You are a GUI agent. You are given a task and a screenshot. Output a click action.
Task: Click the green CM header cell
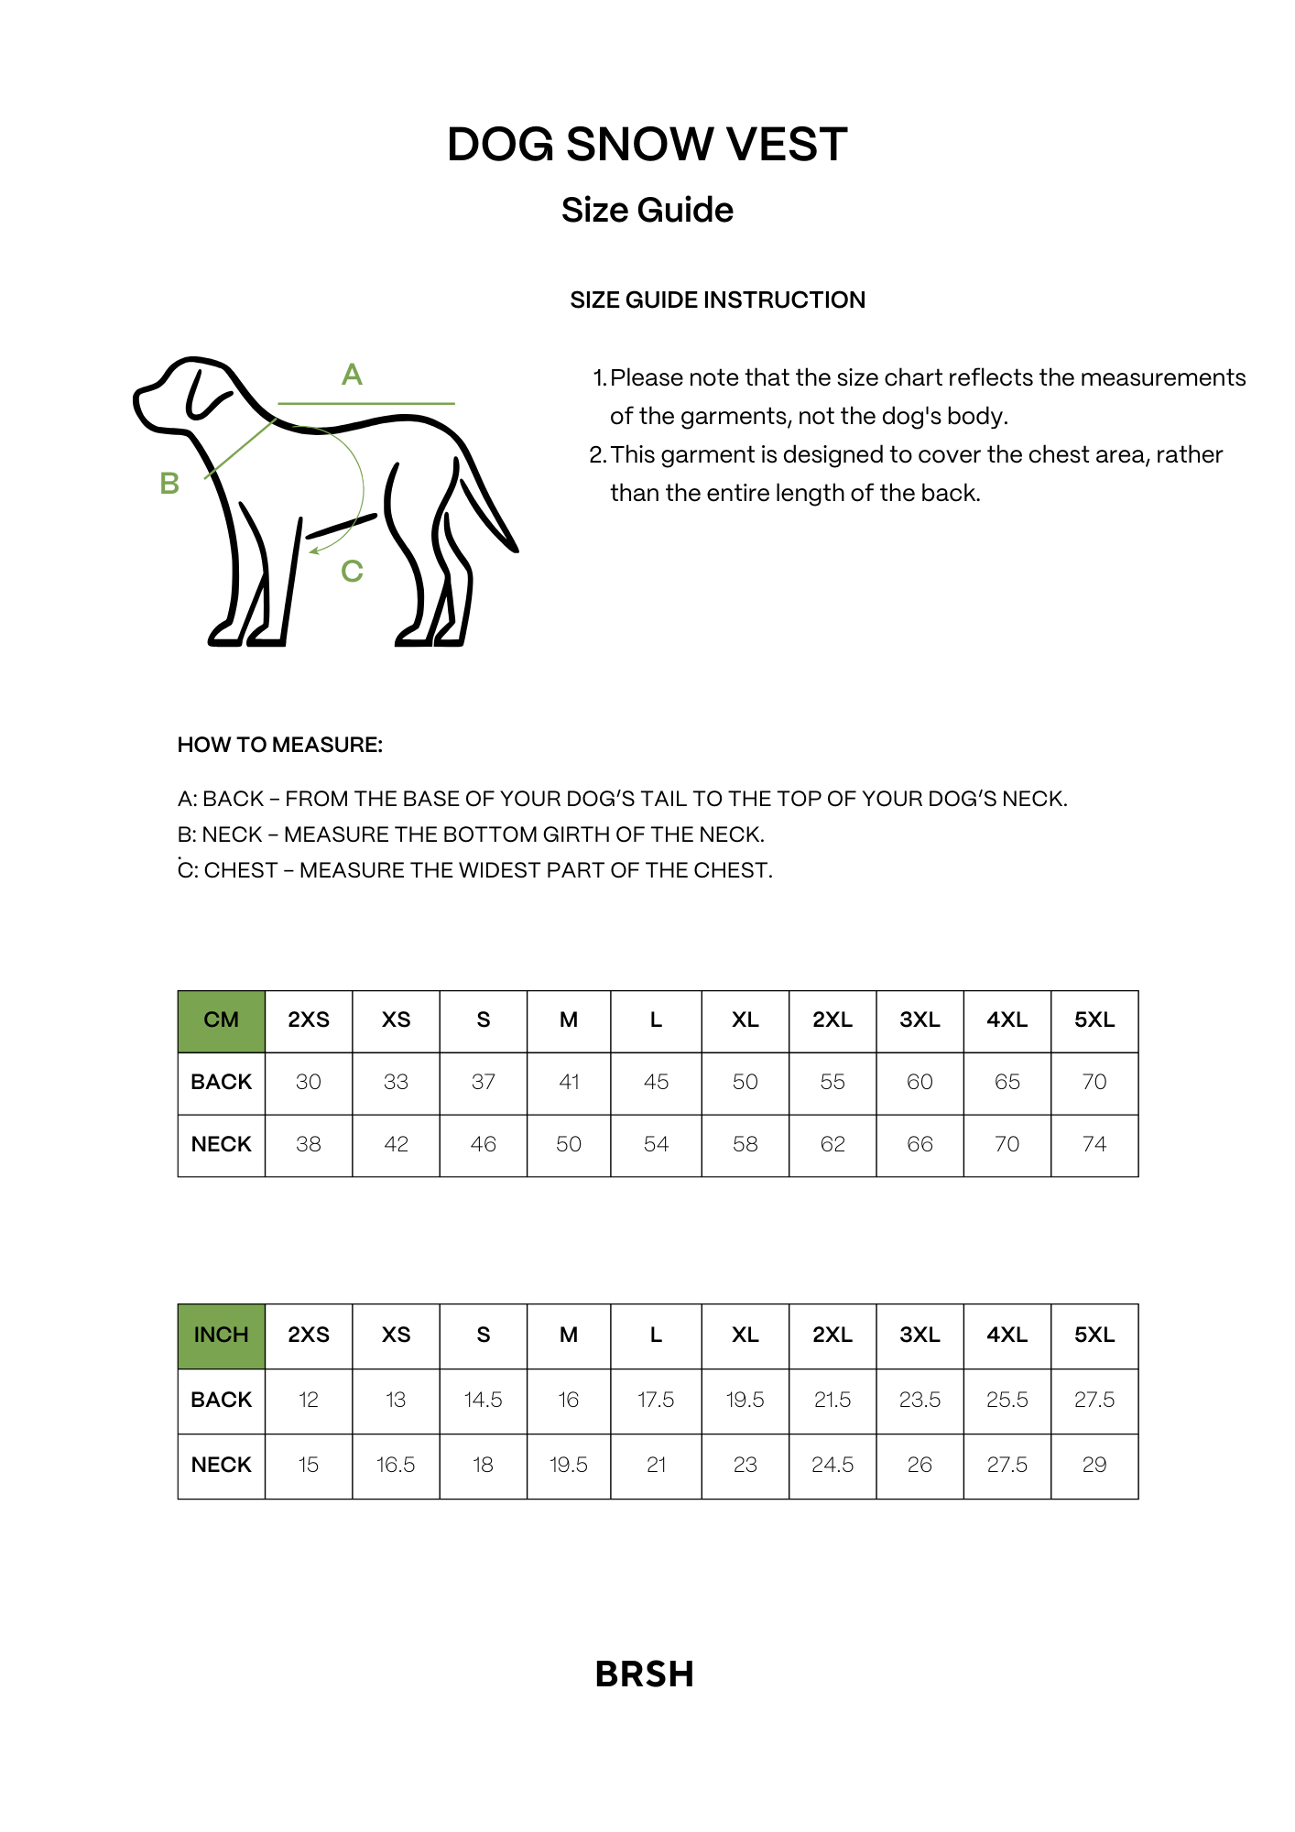221,1020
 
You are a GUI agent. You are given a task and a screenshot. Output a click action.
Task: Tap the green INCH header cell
221,1336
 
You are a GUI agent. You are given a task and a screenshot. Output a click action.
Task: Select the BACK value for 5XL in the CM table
1094,1083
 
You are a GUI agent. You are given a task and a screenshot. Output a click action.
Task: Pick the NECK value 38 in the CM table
309,1145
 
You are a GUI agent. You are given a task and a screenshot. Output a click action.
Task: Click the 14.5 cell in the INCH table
483,1401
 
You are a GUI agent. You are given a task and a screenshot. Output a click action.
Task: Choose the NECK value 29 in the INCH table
1094,1466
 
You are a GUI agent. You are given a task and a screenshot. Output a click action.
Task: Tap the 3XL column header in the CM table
920,1020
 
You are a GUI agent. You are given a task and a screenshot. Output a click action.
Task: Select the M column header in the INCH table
569,1336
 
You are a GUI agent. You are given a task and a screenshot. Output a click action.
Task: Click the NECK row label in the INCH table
221,1466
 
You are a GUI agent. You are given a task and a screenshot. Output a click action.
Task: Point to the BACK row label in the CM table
221,1083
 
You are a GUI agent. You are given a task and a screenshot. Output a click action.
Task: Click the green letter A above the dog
352,375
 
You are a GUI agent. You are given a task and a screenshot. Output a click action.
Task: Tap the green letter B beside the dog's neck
169,484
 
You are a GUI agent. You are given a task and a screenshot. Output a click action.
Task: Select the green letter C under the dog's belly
352,572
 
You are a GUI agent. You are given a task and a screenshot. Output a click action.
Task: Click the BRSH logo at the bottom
645,1674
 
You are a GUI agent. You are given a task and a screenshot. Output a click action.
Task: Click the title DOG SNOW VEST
647,145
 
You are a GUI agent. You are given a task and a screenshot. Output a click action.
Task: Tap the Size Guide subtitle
647,210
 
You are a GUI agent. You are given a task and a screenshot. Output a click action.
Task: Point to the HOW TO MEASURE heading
279,745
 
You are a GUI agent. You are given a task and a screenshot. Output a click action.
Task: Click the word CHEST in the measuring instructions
241,870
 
